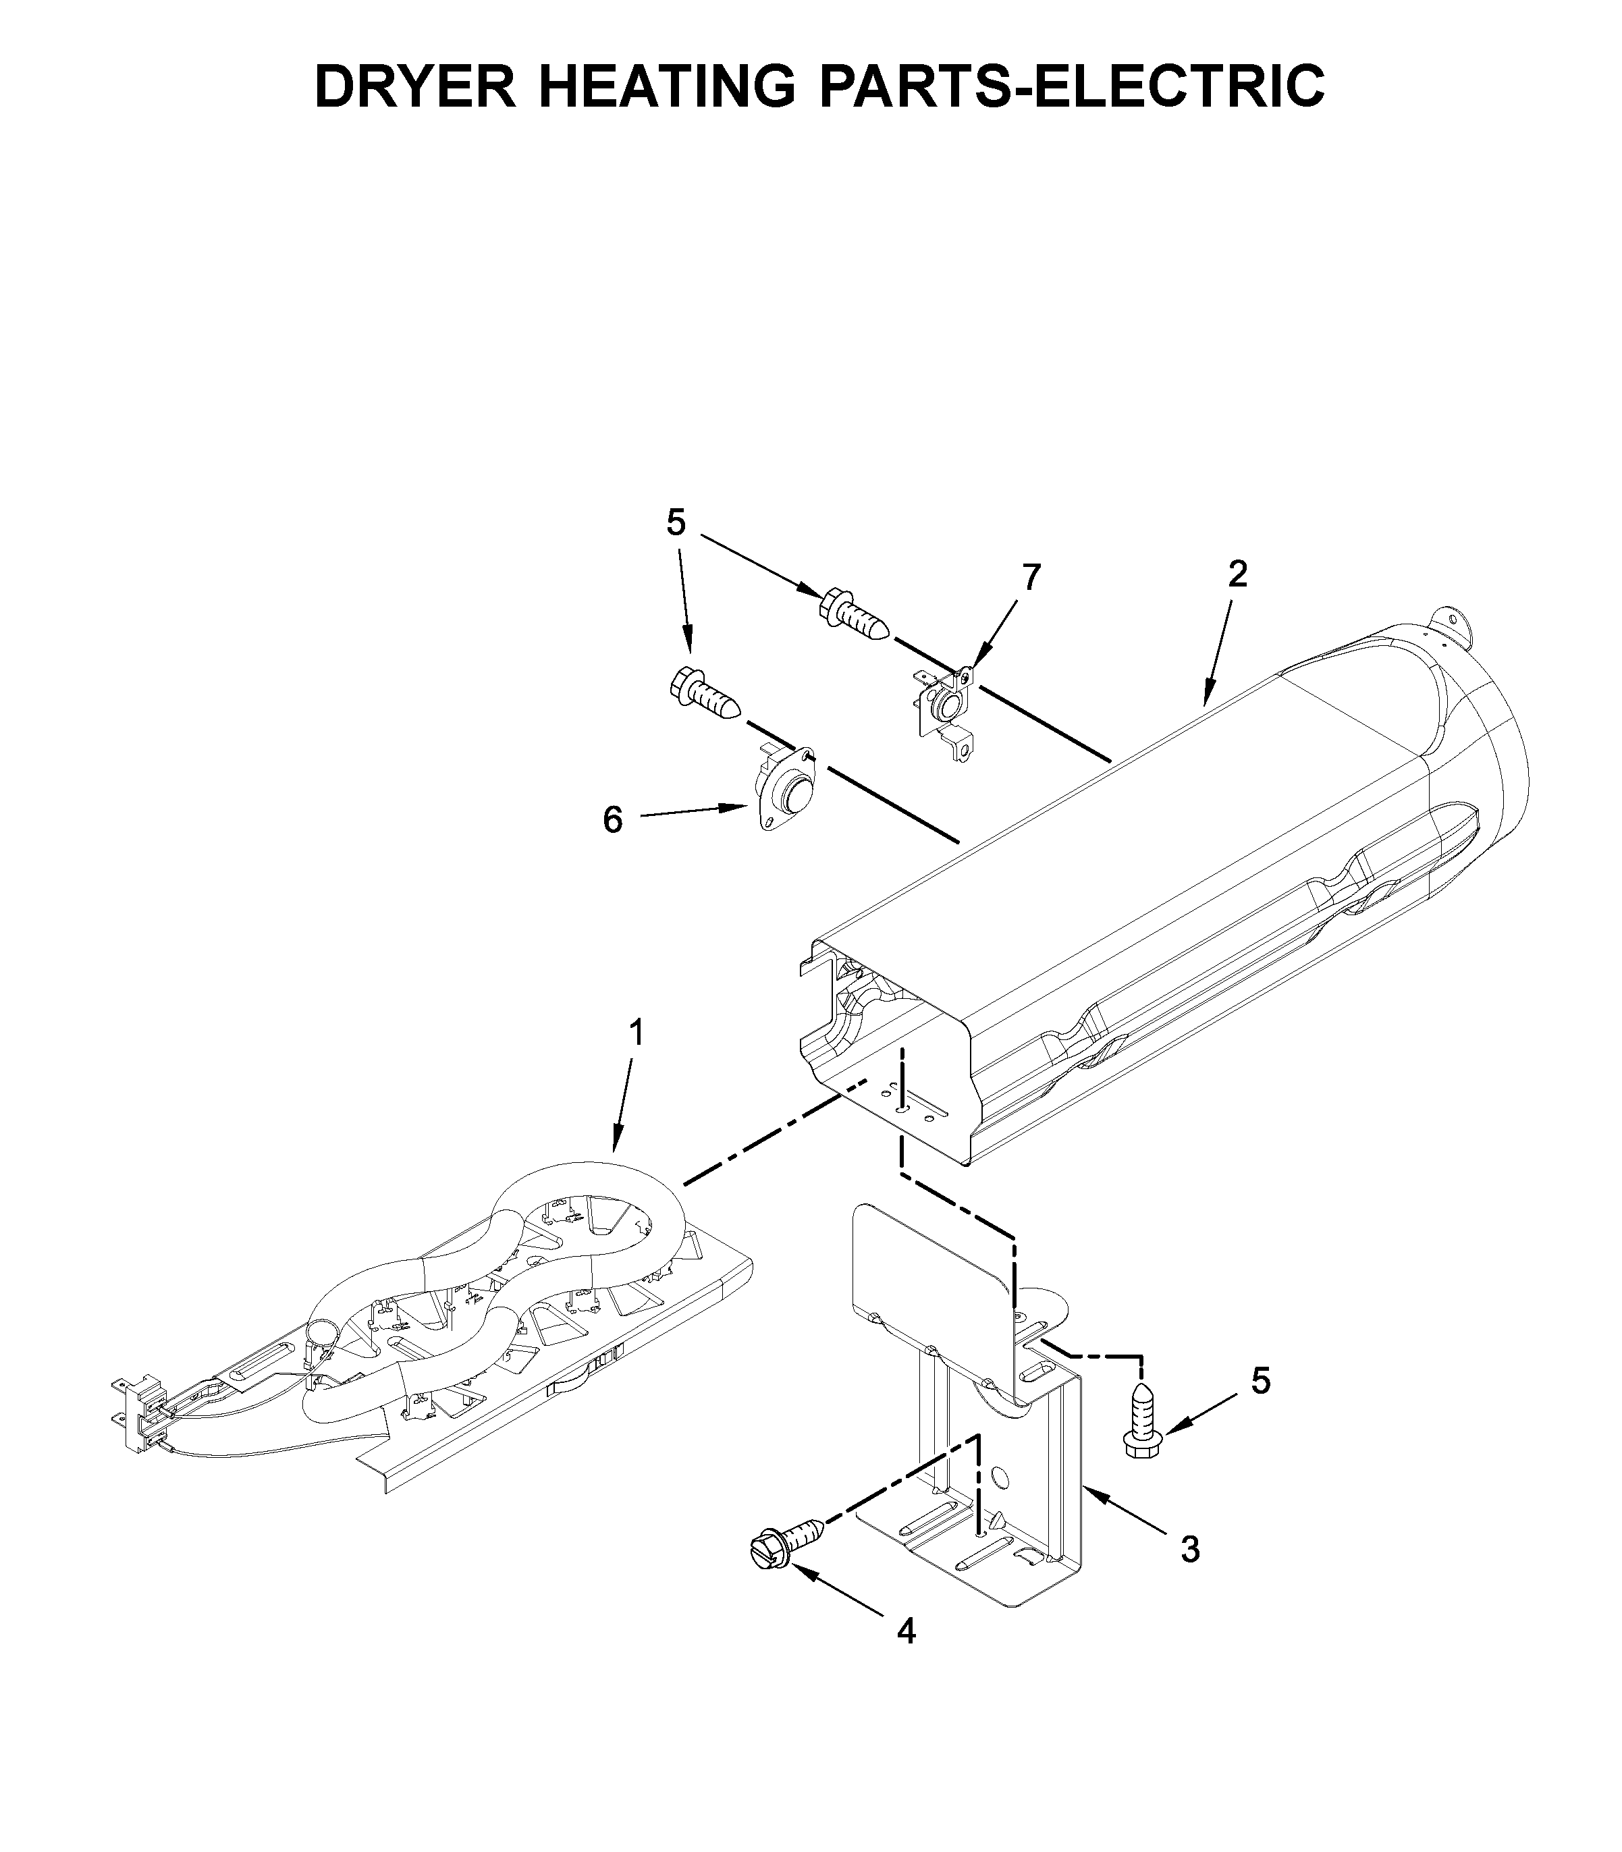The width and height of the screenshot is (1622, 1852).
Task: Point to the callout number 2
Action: coord(1237,574)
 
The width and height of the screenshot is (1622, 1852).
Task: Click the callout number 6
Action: coord(613,820)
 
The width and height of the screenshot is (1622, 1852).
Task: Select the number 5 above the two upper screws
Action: coord(676,522)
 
